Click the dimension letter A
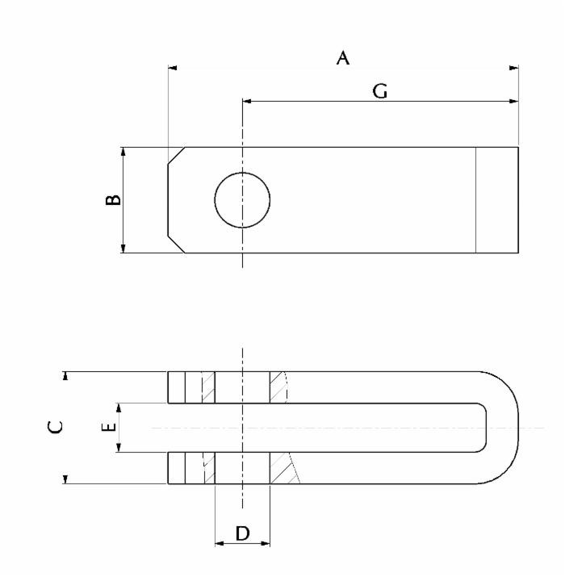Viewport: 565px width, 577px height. tap(343, 58)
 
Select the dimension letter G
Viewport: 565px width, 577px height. tap(379, 92)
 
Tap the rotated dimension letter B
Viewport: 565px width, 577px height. tap(114, 199)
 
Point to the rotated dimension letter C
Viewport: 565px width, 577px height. tap(54, 427)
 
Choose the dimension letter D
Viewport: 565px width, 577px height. tap(242, 533)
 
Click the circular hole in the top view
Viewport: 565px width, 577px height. tap(242, 199)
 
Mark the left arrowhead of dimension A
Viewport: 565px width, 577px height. tap(173, 68)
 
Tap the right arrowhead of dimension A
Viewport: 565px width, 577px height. tap(514, 68)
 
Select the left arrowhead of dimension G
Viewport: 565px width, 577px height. tap(247, 102)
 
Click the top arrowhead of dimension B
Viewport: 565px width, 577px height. tap(123, 152)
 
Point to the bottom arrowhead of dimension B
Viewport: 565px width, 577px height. tap(123, 248)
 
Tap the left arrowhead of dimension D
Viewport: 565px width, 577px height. tap(219, 543)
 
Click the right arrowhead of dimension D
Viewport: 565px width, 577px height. tap(266, 543)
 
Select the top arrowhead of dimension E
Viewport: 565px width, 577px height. tap(119, 407)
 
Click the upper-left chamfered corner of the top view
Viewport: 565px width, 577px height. tap(177, 156)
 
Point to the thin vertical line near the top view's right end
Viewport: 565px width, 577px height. tap(476, 199)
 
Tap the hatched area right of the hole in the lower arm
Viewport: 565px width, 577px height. tap(282, 469)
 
